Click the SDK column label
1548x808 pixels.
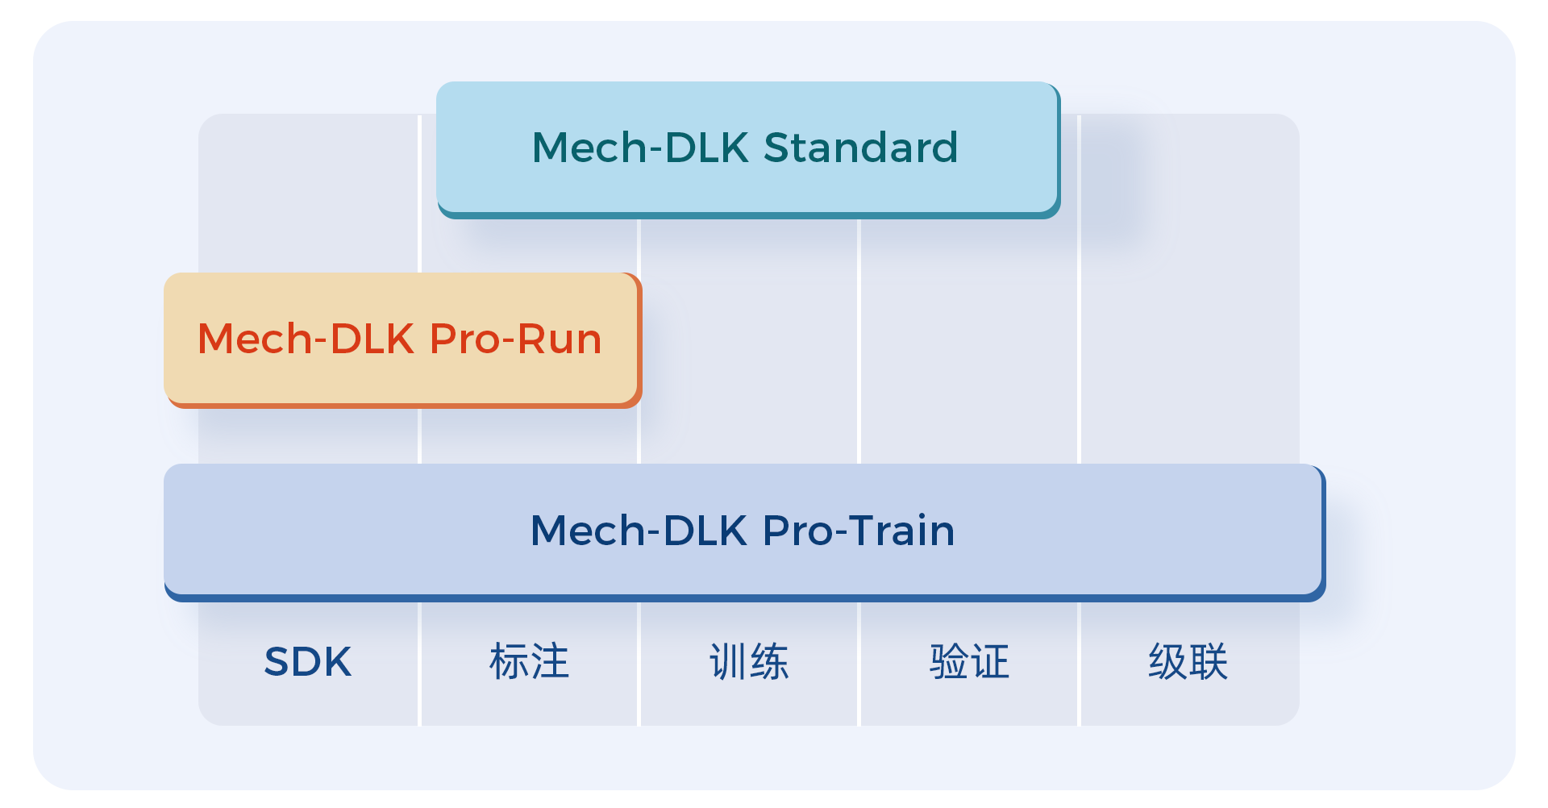click(308, 662)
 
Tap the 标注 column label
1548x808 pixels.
click(529, 662)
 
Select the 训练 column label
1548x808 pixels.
click(749, 662)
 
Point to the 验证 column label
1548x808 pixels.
click(969, 662)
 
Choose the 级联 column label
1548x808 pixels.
click(1188, 662)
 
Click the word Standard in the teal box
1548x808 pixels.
click(860, 148)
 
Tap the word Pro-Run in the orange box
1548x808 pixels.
click(516, 339)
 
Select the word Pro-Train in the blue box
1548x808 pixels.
click(859, 531)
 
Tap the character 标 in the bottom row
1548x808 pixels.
click(509, 662)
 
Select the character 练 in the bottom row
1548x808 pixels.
click(770, 662)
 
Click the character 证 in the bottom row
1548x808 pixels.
click(990, 662)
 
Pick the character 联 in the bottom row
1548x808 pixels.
click(1209, 662)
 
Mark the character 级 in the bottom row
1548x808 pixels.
click(1167, 662)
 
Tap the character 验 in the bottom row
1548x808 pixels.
click(948, 662)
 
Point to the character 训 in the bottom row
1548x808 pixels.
click(728, 662)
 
